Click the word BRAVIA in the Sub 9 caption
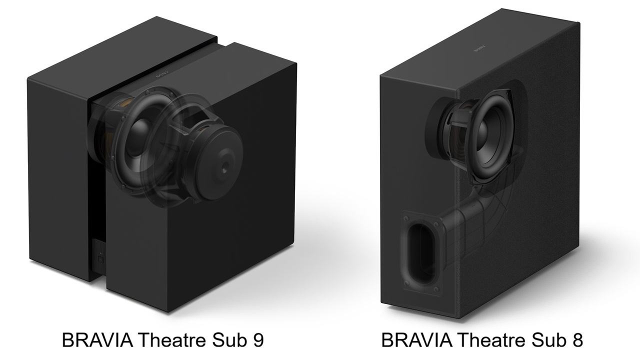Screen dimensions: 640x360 pyautogui.click(x=97, y=339)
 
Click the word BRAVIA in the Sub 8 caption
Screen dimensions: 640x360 pyautogui.click(x=416, y=339)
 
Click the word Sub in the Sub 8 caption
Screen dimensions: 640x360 pyautogui.click(x=548, y=339)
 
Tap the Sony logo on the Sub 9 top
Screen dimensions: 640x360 pyautogui.click(x=162, y=75)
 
